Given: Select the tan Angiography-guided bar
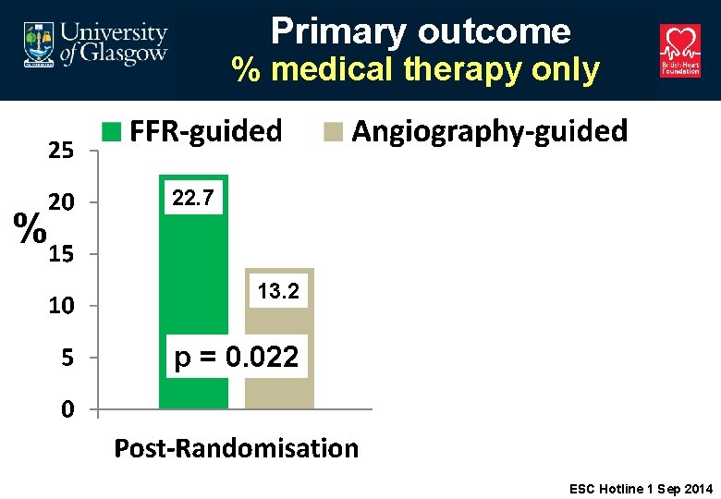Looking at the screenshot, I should point(279,370).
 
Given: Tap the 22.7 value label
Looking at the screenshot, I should point(192,198).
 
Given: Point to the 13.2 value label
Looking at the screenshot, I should point(278,292).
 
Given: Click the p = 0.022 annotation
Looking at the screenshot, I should point(237,358).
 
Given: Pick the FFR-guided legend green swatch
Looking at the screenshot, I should point(110,132).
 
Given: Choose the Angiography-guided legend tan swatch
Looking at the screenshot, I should point(331,132).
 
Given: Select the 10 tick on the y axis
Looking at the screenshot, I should point(61,306).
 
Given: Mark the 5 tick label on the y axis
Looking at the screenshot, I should point(67,358).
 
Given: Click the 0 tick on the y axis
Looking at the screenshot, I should point(67,409).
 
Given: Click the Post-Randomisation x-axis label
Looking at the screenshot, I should point(236,449).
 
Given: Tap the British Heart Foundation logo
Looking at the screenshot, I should point(679,51).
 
